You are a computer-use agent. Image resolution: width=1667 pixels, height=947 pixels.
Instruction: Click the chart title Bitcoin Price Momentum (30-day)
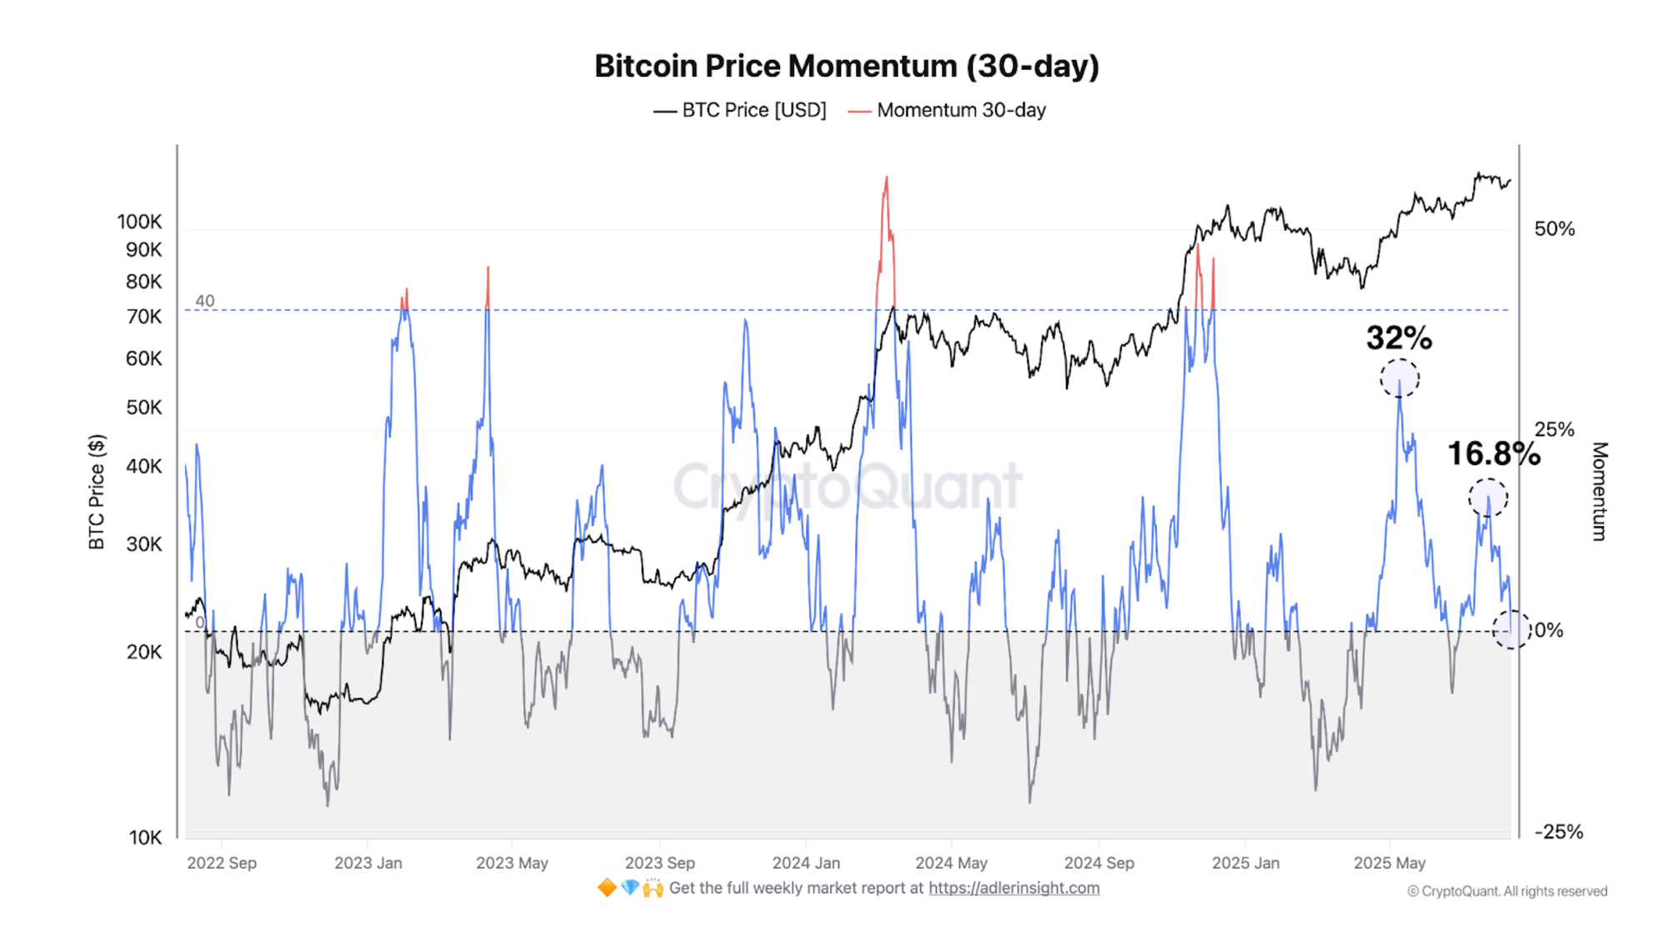[846, 66]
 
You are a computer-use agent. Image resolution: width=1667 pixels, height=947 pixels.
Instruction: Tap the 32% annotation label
[1399, 338]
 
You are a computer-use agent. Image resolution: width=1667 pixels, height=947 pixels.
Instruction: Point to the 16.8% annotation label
[1493, 453]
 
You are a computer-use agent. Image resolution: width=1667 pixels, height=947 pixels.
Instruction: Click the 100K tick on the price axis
[139, 222]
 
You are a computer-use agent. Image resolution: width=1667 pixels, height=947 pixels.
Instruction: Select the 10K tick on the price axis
[145, 838]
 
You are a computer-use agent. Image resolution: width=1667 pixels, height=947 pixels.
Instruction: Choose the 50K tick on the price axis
[143, 408]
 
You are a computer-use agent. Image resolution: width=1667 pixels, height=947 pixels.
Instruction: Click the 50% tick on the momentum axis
[1554, 229]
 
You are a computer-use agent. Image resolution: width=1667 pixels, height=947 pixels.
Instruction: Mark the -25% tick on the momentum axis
[1558, 831]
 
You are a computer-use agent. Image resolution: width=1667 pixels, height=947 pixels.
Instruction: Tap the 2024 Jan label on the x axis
[806, 863]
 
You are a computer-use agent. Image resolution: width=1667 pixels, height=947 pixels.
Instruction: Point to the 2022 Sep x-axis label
[222, 863]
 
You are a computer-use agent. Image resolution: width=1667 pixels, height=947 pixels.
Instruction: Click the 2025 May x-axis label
[1389, 863]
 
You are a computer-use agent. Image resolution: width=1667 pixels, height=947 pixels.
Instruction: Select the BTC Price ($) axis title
[97, 492]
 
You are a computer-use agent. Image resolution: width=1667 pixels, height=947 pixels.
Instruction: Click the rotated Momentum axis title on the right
[1599, 492]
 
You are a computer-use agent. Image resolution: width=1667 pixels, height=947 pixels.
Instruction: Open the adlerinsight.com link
[1014, 888]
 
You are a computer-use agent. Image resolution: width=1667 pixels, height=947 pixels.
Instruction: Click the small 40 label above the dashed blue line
[204, 301]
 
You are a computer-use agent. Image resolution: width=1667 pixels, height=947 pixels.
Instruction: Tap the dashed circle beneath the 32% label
[1399, 378]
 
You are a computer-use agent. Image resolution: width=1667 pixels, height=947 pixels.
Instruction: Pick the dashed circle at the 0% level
[1511, 629]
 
